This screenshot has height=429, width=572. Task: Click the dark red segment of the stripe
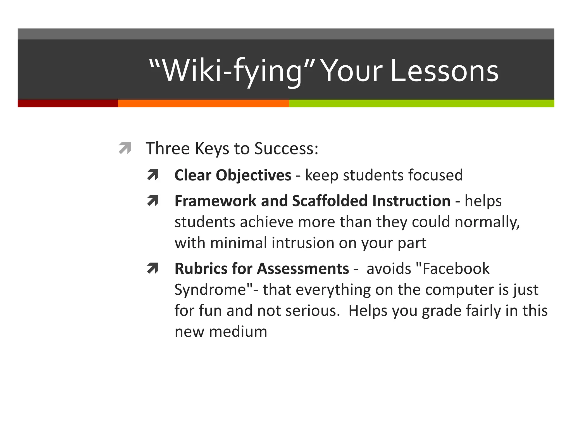pyautogui.click(x=68, y=103)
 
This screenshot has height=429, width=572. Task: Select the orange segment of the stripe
pyautogui.click(x=203, y=103)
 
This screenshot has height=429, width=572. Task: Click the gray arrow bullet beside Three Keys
pyautogui.click(x=125, y=148)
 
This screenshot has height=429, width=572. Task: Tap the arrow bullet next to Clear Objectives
pyautogui.click(x=153, y=175)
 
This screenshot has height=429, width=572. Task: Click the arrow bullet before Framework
pyautogui.click(x=153, y=201)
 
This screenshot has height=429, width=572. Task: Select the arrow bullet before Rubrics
pyautogui.click(x=153, y=268)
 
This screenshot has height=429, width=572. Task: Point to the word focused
pyautogui.click(x=435, y=175)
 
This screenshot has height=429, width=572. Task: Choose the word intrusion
pyautogui.click(x=303, y=243)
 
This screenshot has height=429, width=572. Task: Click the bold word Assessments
pyautogui.click(x=303, y=268)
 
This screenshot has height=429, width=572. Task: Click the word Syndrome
pyautogui.click(x=210, y=290)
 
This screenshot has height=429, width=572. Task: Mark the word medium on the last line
pyautogui.click(x=238, y=332)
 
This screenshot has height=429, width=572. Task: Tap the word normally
pyautogui.click(x=487, y=222)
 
